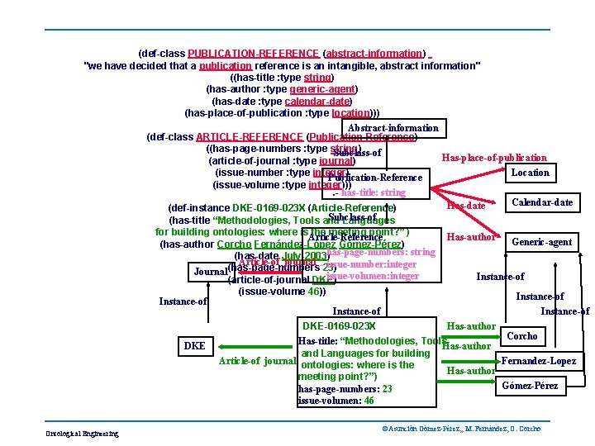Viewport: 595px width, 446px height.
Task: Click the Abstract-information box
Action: click(393, 129)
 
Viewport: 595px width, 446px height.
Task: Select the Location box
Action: click(530, 173)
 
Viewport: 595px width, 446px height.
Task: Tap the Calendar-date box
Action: click(542, 203)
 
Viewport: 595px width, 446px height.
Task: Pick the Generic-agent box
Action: click(541, 242)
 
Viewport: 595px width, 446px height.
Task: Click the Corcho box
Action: click(521, 336)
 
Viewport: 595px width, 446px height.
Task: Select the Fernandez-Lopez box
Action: click(539, 361)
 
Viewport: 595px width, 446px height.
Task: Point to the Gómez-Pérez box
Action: click(530, 386)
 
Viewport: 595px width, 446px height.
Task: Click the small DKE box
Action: click(194, 346)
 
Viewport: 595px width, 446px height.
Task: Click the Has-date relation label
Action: click(465, 205)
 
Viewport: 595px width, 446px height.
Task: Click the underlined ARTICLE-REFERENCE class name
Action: click(250, 137)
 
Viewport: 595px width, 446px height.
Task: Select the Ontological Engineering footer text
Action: click(83, 434)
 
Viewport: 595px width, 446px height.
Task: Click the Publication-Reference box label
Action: click(374, 178)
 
